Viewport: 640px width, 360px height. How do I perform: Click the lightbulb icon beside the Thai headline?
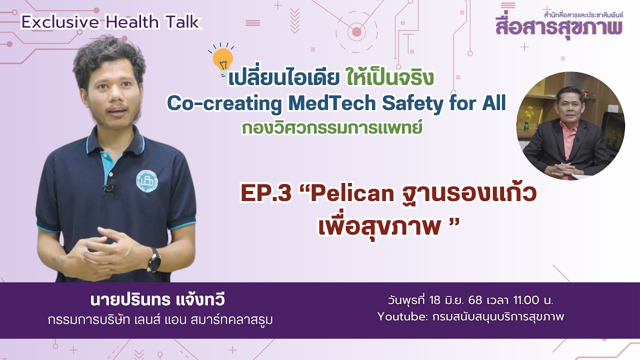222,59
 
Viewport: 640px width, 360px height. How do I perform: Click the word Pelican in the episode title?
352,194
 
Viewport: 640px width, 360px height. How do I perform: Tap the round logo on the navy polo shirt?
147,180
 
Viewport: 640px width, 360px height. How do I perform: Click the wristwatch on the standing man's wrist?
154,258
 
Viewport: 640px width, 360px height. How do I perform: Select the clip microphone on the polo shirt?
106,189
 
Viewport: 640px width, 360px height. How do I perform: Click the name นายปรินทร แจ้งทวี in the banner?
157,300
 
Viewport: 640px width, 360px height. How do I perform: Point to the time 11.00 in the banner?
526,301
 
